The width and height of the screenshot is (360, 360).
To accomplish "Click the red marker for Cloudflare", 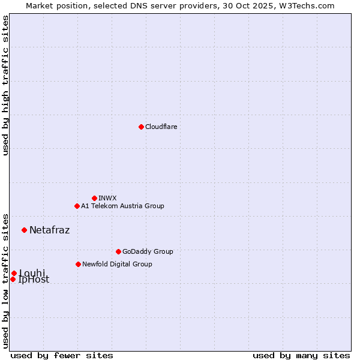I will point(141,127).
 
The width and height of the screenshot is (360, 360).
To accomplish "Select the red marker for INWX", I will point(94,198).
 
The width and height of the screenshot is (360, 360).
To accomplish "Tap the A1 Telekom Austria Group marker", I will point(77,206).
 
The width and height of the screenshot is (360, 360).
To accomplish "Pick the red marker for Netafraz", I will point(24,230).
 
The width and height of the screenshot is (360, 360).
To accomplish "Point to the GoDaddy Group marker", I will point(118,251).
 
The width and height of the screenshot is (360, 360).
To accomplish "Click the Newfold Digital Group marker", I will point(78,264).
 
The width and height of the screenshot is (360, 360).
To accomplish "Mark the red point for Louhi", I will point(14,273).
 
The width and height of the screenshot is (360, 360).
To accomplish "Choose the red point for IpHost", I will point(13,279).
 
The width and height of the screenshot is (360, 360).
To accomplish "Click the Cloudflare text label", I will point(161,127).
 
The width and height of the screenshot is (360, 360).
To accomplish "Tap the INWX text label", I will point(107,198).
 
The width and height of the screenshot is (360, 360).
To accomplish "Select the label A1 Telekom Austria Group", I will point(122,206).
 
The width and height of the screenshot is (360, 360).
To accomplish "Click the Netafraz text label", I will point(49,230).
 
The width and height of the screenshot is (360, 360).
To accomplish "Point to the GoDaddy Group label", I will point(148,251).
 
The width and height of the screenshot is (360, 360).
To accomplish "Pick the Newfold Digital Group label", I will point(117,264).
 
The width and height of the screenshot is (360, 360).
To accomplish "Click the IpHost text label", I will point(34,280).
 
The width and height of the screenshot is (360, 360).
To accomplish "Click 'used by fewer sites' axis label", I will point(62,355).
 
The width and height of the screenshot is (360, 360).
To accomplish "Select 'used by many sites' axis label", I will point(301,355).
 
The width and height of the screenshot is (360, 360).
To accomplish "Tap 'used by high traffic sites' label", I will point(5,85).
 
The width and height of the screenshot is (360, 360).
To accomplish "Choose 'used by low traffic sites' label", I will point(5,280).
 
